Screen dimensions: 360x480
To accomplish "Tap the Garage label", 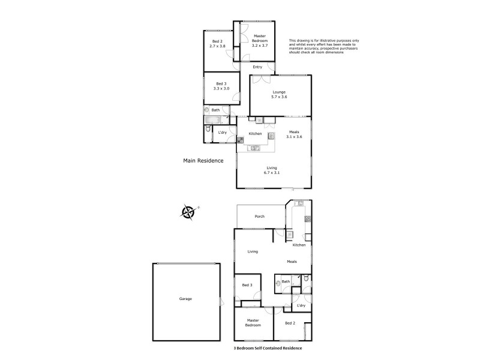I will [185, 298].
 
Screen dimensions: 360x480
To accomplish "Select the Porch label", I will [260, 216].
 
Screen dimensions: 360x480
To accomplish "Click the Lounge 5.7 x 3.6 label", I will [280, 94].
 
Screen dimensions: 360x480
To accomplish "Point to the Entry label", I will [257, 67].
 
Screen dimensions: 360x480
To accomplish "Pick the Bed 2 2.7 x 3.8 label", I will [217, 44].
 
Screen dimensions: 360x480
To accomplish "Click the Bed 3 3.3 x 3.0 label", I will [221, 86].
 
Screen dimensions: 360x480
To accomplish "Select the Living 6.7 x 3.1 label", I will [272, 170].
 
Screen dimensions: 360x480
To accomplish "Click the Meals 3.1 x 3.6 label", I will [293, 134].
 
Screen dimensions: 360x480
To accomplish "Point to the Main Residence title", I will [203, 161].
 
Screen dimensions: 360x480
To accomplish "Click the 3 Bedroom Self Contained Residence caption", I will [268, 348].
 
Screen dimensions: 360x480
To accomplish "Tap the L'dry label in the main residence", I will [222, 132].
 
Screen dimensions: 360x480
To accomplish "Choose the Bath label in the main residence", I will [215, 110].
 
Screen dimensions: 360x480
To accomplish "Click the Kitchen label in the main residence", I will [256, 133].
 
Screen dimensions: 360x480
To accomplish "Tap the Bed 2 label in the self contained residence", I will [290, 323].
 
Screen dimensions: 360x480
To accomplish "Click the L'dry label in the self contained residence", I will [301, 306].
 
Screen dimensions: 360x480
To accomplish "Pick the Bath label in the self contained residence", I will [286, 281].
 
